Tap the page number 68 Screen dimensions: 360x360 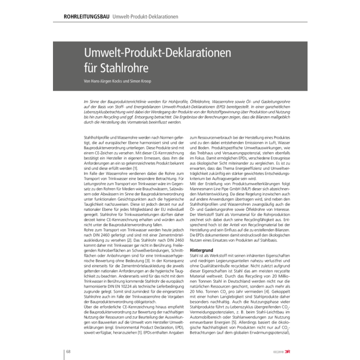pos(67,351)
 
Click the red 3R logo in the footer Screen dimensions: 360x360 pos(304,351)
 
